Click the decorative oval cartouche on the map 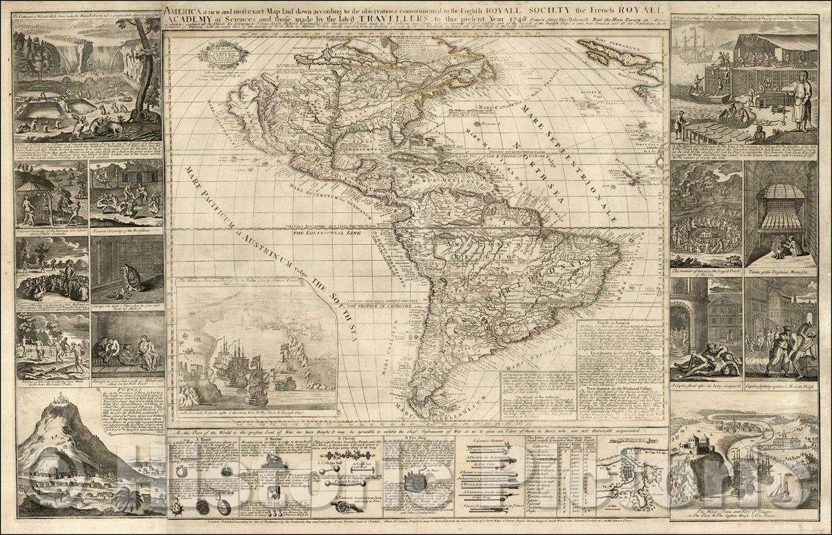pyautogui.click(x=223, y=53)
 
